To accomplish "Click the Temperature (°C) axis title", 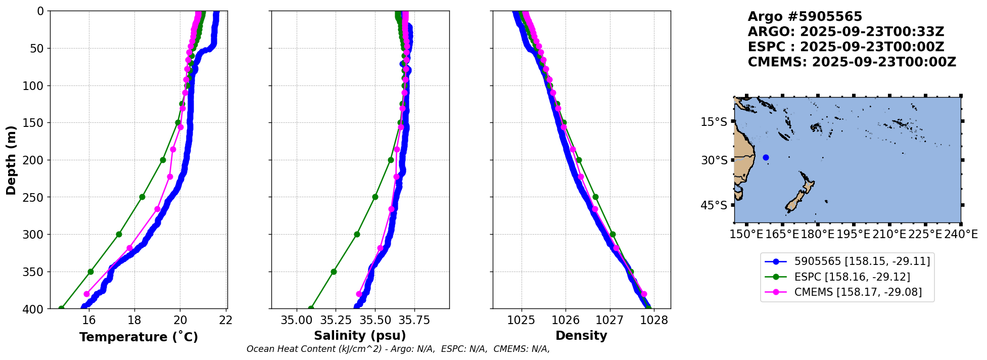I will [138, 337].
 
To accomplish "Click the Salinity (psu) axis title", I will [360, 336].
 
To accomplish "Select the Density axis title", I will [581, 336].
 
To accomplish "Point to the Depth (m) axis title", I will [11, 160].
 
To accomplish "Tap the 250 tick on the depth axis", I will [34, 197].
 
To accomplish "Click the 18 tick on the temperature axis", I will [134, 320].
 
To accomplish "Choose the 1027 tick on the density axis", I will [610, 320].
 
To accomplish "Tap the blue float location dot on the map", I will [766, 157].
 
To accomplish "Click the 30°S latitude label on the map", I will [714, 160].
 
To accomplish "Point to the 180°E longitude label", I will [818, 234].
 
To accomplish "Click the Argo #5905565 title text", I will [805, 17].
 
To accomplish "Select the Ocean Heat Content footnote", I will [398, 349].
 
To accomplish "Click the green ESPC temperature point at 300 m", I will [119, 234].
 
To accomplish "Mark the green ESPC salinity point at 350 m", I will [334, 272].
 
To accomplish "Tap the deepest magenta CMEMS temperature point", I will [86, 294].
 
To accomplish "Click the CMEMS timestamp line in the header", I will [852, 62].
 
